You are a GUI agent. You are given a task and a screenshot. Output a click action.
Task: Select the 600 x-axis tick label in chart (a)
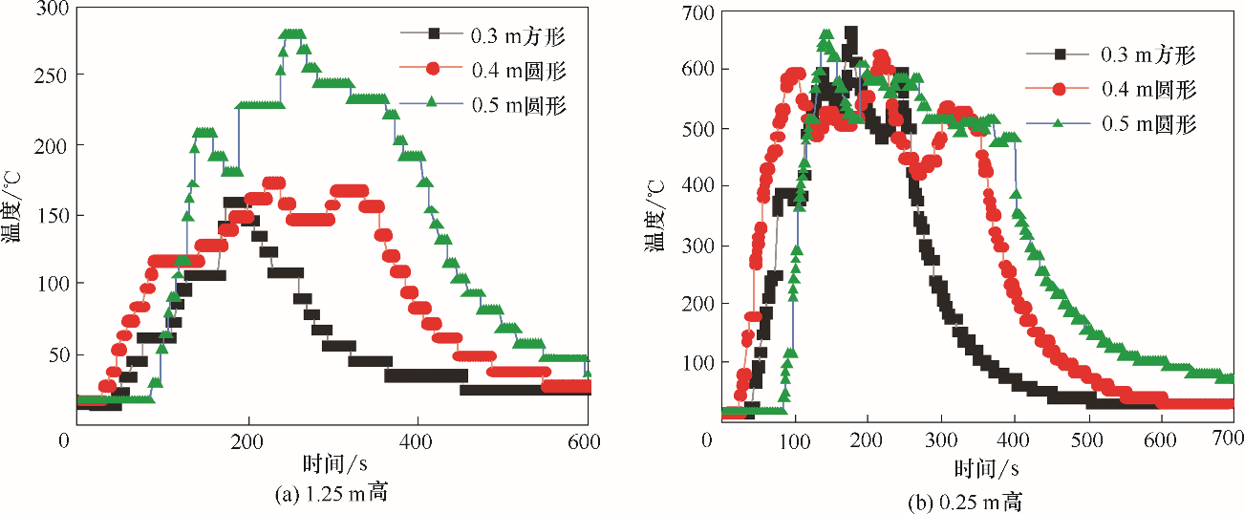(x=585, y=441)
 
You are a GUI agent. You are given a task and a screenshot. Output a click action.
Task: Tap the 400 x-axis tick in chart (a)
(x=418, y=441)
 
